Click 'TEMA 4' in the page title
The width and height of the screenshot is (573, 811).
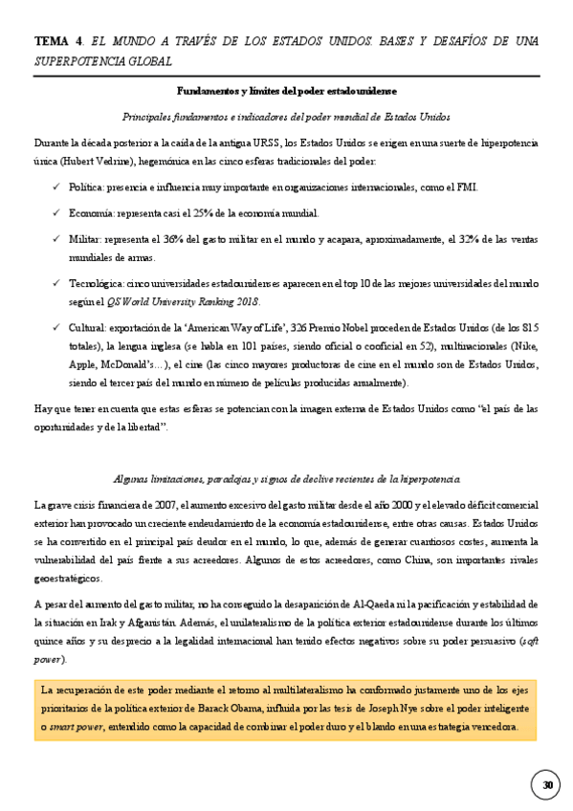(56, 41)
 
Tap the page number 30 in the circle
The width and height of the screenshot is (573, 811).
(547, 785)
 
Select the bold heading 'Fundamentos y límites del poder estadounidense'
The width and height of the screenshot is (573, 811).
(286, 91)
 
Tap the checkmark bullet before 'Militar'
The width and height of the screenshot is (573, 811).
(56, 238)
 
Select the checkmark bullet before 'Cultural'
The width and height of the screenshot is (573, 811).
(56, 328)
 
